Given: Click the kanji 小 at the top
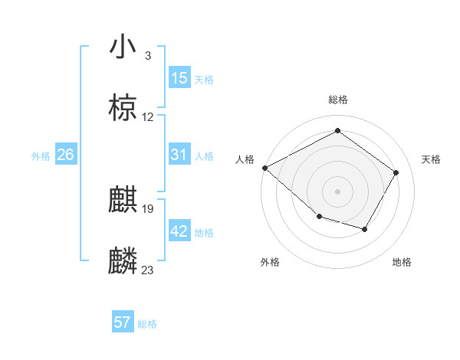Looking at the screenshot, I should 123,47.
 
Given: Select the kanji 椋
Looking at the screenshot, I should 123,109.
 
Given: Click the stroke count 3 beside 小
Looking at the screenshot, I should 147,56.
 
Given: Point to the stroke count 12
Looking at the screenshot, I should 148,117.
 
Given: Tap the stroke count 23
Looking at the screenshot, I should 148,270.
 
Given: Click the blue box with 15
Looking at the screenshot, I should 179,78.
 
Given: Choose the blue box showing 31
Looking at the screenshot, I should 179,155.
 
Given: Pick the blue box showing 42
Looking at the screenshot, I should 179,231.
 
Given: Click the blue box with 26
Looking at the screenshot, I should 66,155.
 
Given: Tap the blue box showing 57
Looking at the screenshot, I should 123,322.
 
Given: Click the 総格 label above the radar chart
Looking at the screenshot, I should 338,100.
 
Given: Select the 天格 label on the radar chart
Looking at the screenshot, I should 431,159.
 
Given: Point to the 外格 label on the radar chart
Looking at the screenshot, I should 270,262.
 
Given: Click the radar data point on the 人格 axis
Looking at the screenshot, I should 264,168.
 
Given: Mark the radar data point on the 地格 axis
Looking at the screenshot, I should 365,229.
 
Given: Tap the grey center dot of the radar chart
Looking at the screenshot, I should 337,191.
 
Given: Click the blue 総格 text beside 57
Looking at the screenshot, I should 147,324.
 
